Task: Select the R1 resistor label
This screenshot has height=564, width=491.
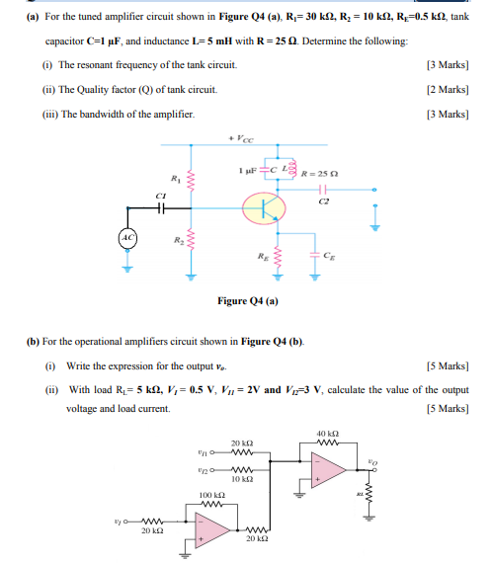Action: coord(175,180)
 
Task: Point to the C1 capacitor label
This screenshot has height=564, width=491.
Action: coord(156,197)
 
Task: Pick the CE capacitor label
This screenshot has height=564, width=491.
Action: coord(337,254)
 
